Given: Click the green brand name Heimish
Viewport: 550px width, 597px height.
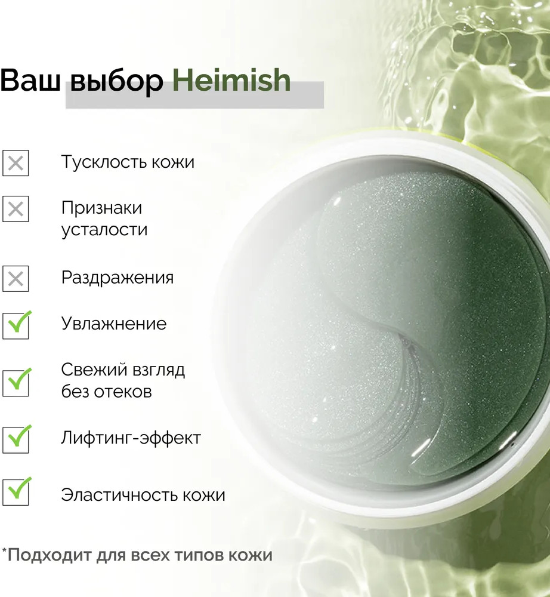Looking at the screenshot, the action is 231,80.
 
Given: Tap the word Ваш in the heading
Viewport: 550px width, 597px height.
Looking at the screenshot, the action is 30,80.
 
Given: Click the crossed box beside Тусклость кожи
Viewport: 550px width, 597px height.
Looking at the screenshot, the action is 16,164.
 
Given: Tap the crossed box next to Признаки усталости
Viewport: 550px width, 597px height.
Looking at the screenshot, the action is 16,209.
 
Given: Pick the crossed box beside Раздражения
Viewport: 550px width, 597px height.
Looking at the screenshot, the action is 16,279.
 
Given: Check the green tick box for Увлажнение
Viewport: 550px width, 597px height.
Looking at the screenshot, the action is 16,325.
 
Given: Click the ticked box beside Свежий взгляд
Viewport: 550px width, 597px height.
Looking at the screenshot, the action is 16,382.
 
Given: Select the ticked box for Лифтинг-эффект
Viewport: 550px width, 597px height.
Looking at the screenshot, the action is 16,439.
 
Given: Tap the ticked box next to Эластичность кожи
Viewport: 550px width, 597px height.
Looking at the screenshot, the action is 16,491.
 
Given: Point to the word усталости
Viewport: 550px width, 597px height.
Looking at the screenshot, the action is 104,230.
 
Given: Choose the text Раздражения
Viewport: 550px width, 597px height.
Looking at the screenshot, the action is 118,278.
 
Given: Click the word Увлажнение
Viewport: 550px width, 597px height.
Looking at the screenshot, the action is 114,324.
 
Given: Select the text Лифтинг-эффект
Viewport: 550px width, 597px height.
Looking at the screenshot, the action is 131,438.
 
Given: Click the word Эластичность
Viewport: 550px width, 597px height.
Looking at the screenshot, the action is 119,495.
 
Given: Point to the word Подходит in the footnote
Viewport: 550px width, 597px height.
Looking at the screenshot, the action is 49,555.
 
